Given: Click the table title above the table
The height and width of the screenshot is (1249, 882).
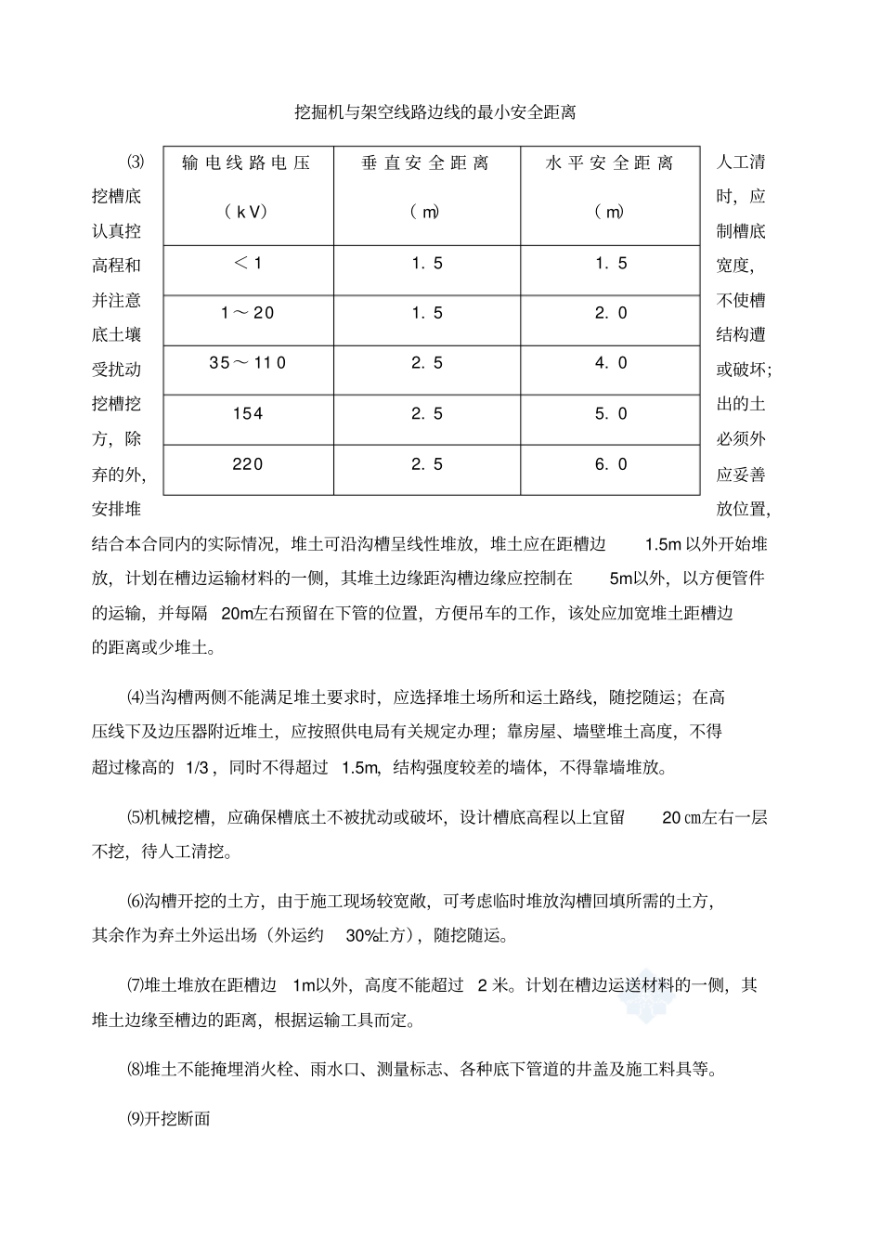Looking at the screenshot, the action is [x=435, y=113].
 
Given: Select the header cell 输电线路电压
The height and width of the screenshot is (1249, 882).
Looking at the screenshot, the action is [x=247, y=163].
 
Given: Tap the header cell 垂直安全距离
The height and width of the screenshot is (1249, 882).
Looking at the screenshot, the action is [x=426, y=163].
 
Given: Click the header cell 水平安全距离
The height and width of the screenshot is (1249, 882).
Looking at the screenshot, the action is [x=610, y=163].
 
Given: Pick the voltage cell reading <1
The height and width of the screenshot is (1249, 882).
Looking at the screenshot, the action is [x=247, y=264].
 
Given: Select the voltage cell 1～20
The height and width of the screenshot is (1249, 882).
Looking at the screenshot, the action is [x=247, y=313].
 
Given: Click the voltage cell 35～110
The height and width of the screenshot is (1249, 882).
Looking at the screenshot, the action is [x=247, y=363].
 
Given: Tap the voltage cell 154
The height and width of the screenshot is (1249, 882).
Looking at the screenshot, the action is [x=247, y=414].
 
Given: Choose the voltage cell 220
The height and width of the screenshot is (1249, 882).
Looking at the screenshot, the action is [x=247, y=464].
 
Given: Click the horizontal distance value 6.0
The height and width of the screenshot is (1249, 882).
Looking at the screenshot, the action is [x=611, y=464].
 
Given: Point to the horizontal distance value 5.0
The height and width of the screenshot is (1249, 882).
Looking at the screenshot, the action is [x=611, y=414].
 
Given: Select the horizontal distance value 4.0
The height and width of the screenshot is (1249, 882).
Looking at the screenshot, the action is [x=611, y=363].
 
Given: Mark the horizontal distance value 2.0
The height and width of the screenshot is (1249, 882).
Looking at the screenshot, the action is [x=611, y=313].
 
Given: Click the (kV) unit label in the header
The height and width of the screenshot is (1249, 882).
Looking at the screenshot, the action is [x=247, y=212].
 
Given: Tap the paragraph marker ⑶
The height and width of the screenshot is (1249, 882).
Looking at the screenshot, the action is [x=136, y=162].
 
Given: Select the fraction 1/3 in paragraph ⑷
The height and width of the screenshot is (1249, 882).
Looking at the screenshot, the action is [x=200, y=767].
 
